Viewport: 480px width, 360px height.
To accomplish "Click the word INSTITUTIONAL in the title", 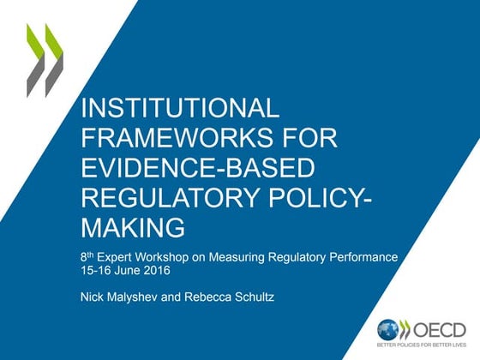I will coord(179,109).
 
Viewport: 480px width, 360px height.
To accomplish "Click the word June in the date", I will coord(142,272).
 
